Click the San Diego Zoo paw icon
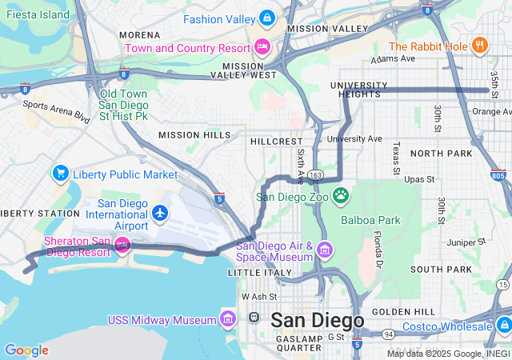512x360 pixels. tap(341, 194)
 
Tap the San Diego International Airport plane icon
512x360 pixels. tap(161, 213)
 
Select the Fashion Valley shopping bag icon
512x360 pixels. tap(267, 18)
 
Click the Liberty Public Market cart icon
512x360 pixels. tap(60, 174)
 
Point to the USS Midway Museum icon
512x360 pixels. tap(228, 320)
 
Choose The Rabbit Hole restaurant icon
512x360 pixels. tap(479, 45)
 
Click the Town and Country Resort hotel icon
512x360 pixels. tap(262, 46)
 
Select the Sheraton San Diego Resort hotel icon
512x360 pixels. tap(122, 244)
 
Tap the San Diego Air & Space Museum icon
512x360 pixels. tap(324, 250)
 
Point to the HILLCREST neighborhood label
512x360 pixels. tap(276, 141)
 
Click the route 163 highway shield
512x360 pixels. tap(315, 174)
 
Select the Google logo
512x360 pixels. tap(26, 350)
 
